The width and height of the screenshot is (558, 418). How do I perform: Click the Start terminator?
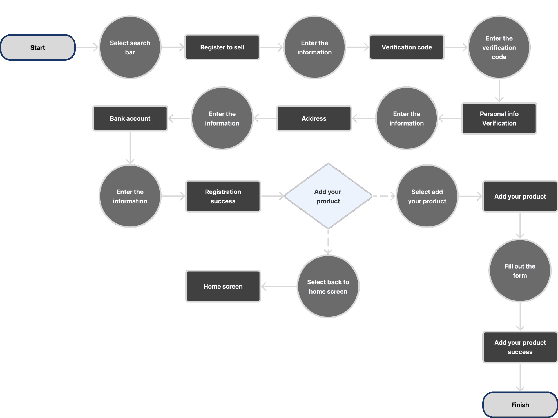pos(38,47)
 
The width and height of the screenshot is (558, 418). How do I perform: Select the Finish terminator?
pos(520,405)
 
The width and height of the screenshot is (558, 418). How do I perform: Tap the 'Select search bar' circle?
pos(130,47)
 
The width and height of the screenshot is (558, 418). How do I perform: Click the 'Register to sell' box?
pos(222,47)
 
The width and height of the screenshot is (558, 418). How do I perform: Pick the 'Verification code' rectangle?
pos(407,47)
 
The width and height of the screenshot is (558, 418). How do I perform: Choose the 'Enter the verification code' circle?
pos(499,47)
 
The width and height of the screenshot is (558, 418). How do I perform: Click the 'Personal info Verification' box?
pos(499,118)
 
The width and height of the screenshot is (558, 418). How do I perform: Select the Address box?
pos(314,118)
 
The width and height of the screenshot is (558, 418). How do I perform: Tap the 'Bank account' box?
pos(130,118)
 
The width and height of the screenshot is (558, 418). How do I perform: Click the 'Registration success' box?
pos(223,196)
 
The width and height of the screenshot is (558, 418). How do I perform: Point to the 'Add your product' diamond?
pos(328,196)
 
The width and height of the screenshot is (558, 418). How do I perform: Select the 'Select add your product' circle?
pos(427,196)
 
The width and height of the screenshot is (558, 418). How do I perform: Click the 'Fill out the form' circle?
pos(520,271)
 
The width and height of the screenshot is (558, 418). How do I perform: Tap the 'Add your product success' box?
pos(520,347)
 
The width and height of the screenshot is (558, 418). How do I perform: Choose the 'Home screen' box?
pos(223,286)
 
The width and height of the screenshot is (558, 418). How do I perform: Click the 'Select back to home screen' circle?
pos(328,287)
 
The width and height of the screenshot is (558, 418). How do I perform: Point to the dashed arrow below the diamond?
pos(328,241)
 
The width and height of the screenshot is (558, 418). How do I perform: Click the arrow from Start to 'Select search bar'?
pos(87,47)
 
